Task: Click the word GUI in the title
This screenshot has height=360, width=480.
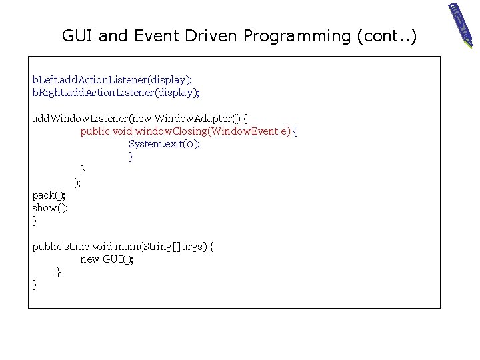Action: coord(78,36)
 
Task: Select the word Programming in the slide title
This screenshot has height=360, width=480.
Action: coord(296,36)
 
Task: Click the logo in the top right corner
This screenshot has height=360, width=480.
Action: coord(461,24)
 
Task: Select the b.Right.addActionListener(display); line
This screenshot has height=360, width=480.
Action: coord(116,92)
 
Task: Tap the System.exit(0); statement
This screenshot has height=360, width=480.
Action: coord(164,144)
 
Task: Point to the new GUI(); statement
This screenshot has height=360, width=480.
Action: coord(107,259)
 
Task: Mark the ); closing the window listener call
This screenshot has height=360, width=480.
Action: coord(78,183)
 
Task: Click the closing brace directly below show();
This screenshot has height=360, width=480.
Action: coord(35,221)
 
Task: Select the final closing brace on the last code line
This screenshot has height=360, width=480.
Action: coord(35,285)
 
